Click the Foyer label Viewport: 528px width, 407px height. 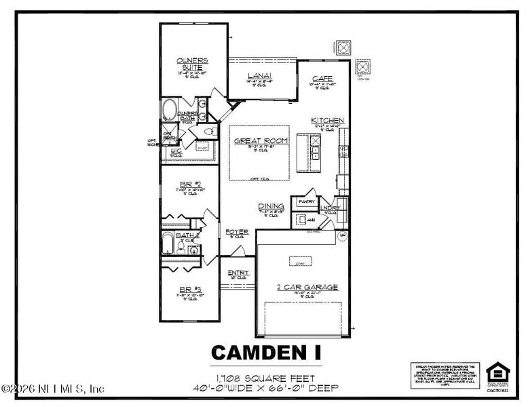237,232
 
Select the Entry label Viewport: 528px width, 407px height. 238,273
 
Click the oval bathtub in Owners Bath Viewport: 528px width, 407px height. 168,111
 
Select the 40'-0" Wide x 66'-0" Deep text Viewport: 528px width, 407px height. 265,387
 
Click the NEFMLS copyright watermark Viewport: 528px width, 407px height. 54,389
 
